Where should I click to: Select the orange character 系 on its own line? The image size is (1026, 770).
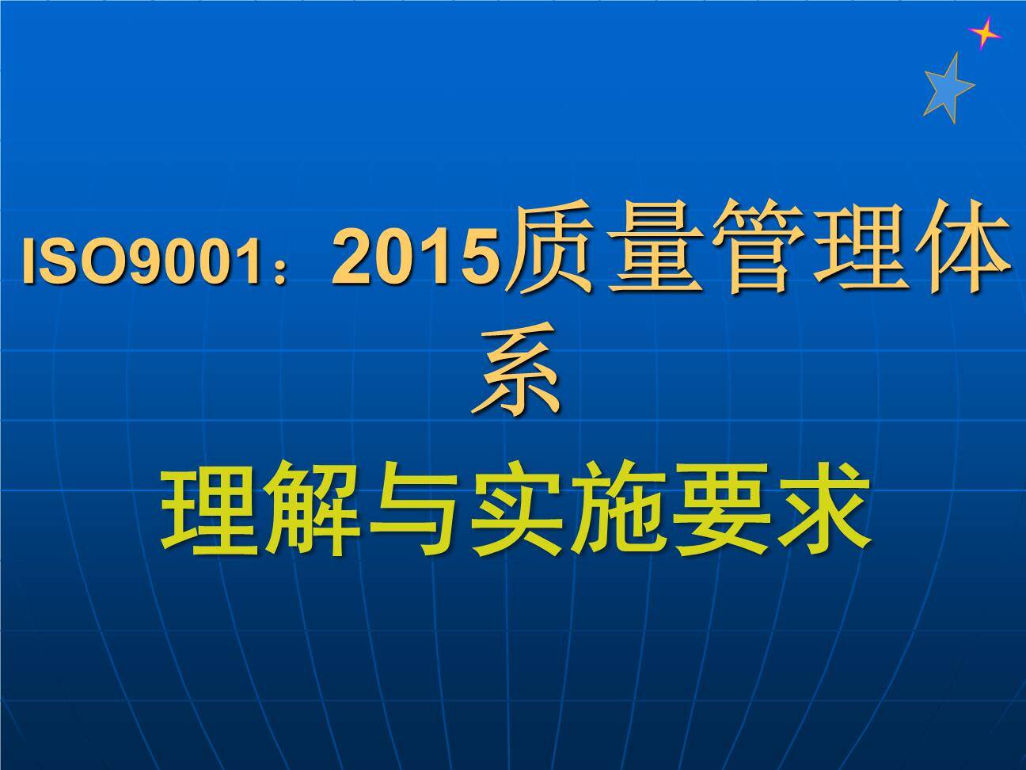tap(515, 368)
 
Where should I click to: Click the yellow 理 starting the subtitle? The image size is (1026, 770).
tap(209, 509)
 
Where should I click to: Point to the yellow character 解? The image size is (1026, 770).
tap(311, 509)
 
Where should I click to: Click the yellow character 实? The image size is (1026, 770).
tap(515, 509)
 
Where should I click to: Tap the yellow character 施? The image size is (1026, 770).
tap(616, 509)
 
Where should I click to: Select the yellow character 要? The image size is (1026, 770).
tap(720, 510)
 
